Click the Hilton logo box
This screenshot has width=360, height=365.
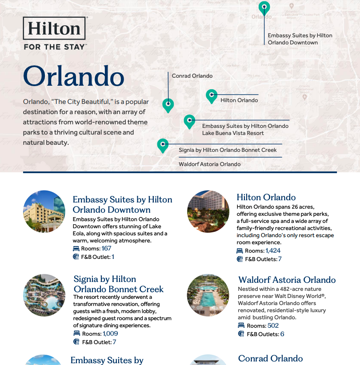(54, 28)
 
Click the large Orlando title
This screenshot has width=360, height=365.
(73, 76)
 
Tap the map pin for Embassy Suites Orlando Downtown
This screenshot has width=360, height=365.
(264, 8)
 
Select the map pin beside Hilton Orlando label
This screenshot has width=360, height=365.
(212, 95)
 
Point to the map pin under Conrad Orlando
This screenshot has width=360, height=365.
(168, 105)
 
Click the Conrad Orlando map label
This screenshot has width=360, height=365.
(192, 76)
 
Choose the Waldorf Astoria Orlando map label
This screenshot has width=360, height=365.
(210, 164)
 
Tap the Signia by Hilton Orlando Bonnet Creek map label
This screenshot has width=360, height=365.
(228, 150)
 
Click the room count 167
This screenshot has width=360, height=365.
(106, 249)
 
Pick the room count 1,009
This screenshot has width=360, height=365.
(110, 334)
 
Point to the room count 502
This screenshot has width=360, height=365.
(273, 326)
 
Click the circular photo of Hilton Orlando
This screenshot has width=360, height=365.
(208, 212)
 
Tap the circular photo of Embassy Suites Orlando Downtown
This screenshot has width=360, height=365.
(44, 212)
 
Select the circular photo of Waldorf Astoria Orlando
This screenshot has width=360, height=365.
(208, 295)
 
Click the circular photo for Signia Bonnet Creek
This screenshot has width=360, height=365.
(44, 295)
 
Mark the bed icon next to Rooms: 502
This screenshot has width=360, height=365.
(241, 326)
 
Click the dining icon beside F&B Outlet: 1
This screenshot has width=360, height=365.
(76, 257)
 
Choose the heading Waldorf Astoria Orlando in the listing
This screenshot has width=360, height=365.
(287, 280)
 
